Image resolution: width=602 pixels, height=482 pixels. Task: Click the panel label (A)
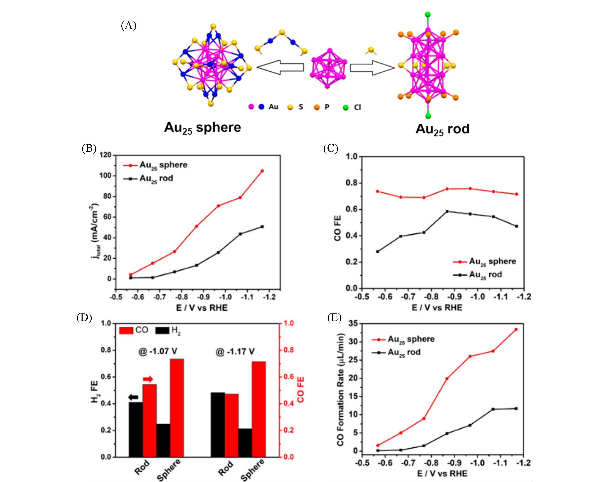pos(128,26)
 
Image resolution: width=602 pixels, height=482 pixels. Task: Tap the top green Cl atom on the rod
pos(427,15)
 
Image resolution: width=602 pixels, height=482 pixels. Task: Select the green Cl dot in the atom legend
pos(346,107)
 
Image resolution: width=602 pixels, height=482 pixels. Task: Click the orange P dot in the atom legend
pos(317,107)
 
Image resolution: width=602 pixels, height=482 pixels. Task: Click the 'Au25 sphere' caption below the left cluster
pos(202,128)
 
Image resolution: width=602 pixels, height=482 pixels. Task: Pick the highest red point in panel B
pos(262,171)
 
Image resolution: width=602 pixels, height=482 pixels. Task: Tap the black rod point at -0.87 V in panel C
pos(447,211)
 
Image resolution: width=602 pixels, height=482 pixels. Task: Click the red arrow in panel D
pos(148,379)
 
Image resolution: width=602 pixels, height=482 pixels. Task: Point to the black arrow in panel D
pos(133,397)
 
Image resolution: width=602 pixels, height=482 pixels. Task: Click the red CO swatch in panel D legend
pos(126,331)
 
